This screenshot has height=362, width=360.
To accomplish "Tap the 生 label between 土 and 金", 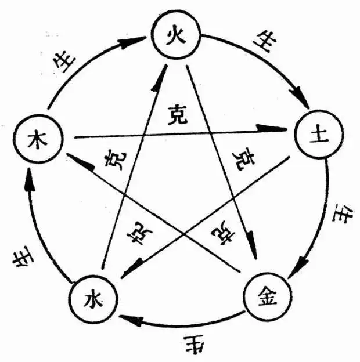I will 339,218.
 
